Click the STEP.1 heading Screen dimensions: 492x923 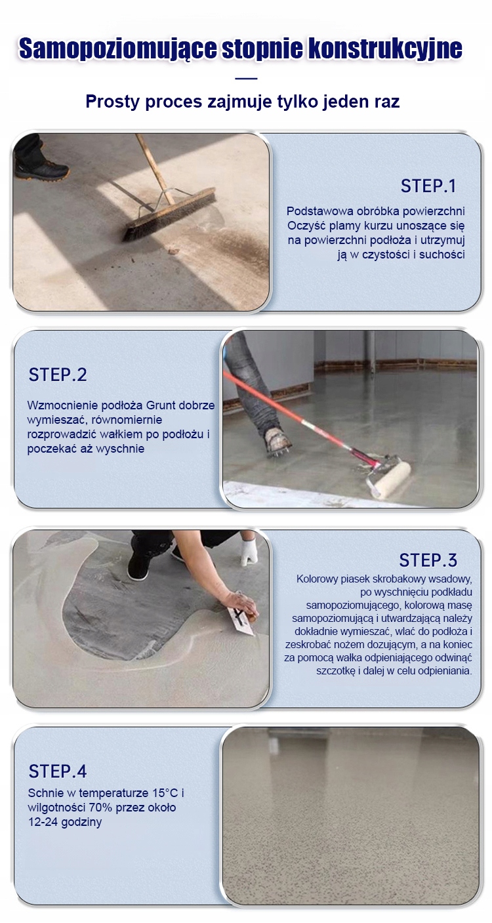coord(428,186)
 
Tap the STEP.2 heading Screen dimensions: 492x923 coord(58,375)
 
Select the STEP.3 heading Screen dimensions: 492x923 coord(428,560)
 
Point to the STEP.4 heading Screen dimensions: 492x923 coord(58,771)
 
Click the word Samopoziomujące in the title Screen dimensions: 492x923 coord(118,49)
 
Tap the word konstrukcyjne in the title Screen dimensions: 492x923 coord(385,49)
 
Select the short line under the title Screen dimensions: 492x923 coord(246,78)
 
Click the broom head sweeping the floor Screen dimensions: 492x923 coord(169,214)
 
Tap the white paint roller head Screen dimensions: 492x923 coord(390,479)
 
